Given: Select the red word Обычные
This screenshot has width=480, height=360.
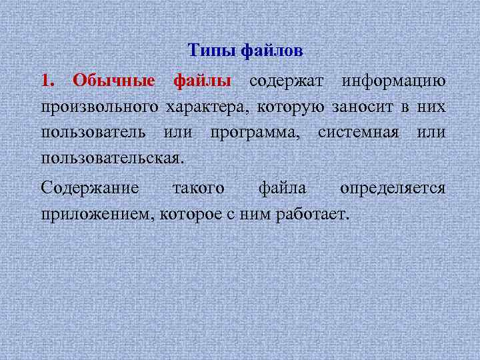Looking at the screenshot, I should (114, 81).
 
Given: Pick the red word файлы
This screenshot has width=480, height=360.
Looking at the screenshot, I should (202, 81).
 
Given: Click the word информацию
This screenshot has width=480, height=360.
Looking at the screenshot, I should (393, 81).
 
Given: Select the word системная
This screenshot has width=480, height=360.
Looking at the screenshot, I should (357, 133).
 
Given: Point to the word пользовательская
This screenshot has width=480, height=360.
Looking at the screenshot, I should (111, 159).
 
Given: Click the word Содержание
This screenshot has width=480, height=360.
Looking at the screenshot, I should (90, 189).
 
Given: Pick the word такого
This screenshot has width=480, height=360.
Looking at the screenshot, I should (198, 189).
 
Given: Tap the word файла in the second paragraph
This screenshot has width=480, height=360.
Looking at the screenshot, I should (282, 189).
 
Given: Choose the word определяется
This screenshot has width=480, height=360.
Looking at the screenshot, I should (393, 189).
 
